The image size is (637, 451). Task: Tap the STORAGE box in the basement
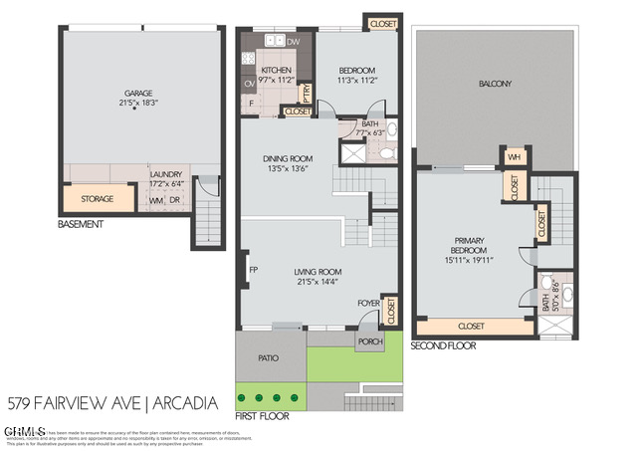click(97, 199)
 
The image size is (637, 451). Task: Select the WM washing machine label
click(155, 200)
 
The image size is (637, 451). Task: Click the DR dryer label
click(174, 200)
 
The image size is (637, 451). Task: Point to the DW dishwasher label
click(293, 42)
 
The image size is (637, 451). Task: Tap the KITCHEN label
click(276, 70)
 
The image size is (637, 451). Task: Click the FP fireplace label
click(254, 270)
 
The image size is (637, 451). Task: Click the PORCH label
click(370, 341)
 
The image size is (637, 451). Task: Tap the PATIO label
click(269, 357)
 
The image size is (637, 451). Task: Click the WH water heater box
click(515, 157)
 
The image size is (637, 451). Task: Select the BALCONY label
click(495, 84)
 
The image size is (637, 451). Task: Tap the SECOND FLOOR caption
click(443, 345)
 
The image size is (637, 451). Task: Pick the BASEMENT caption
click(80, 225)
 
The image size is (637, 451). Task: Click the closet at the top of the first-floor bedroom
click(381, 23)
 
